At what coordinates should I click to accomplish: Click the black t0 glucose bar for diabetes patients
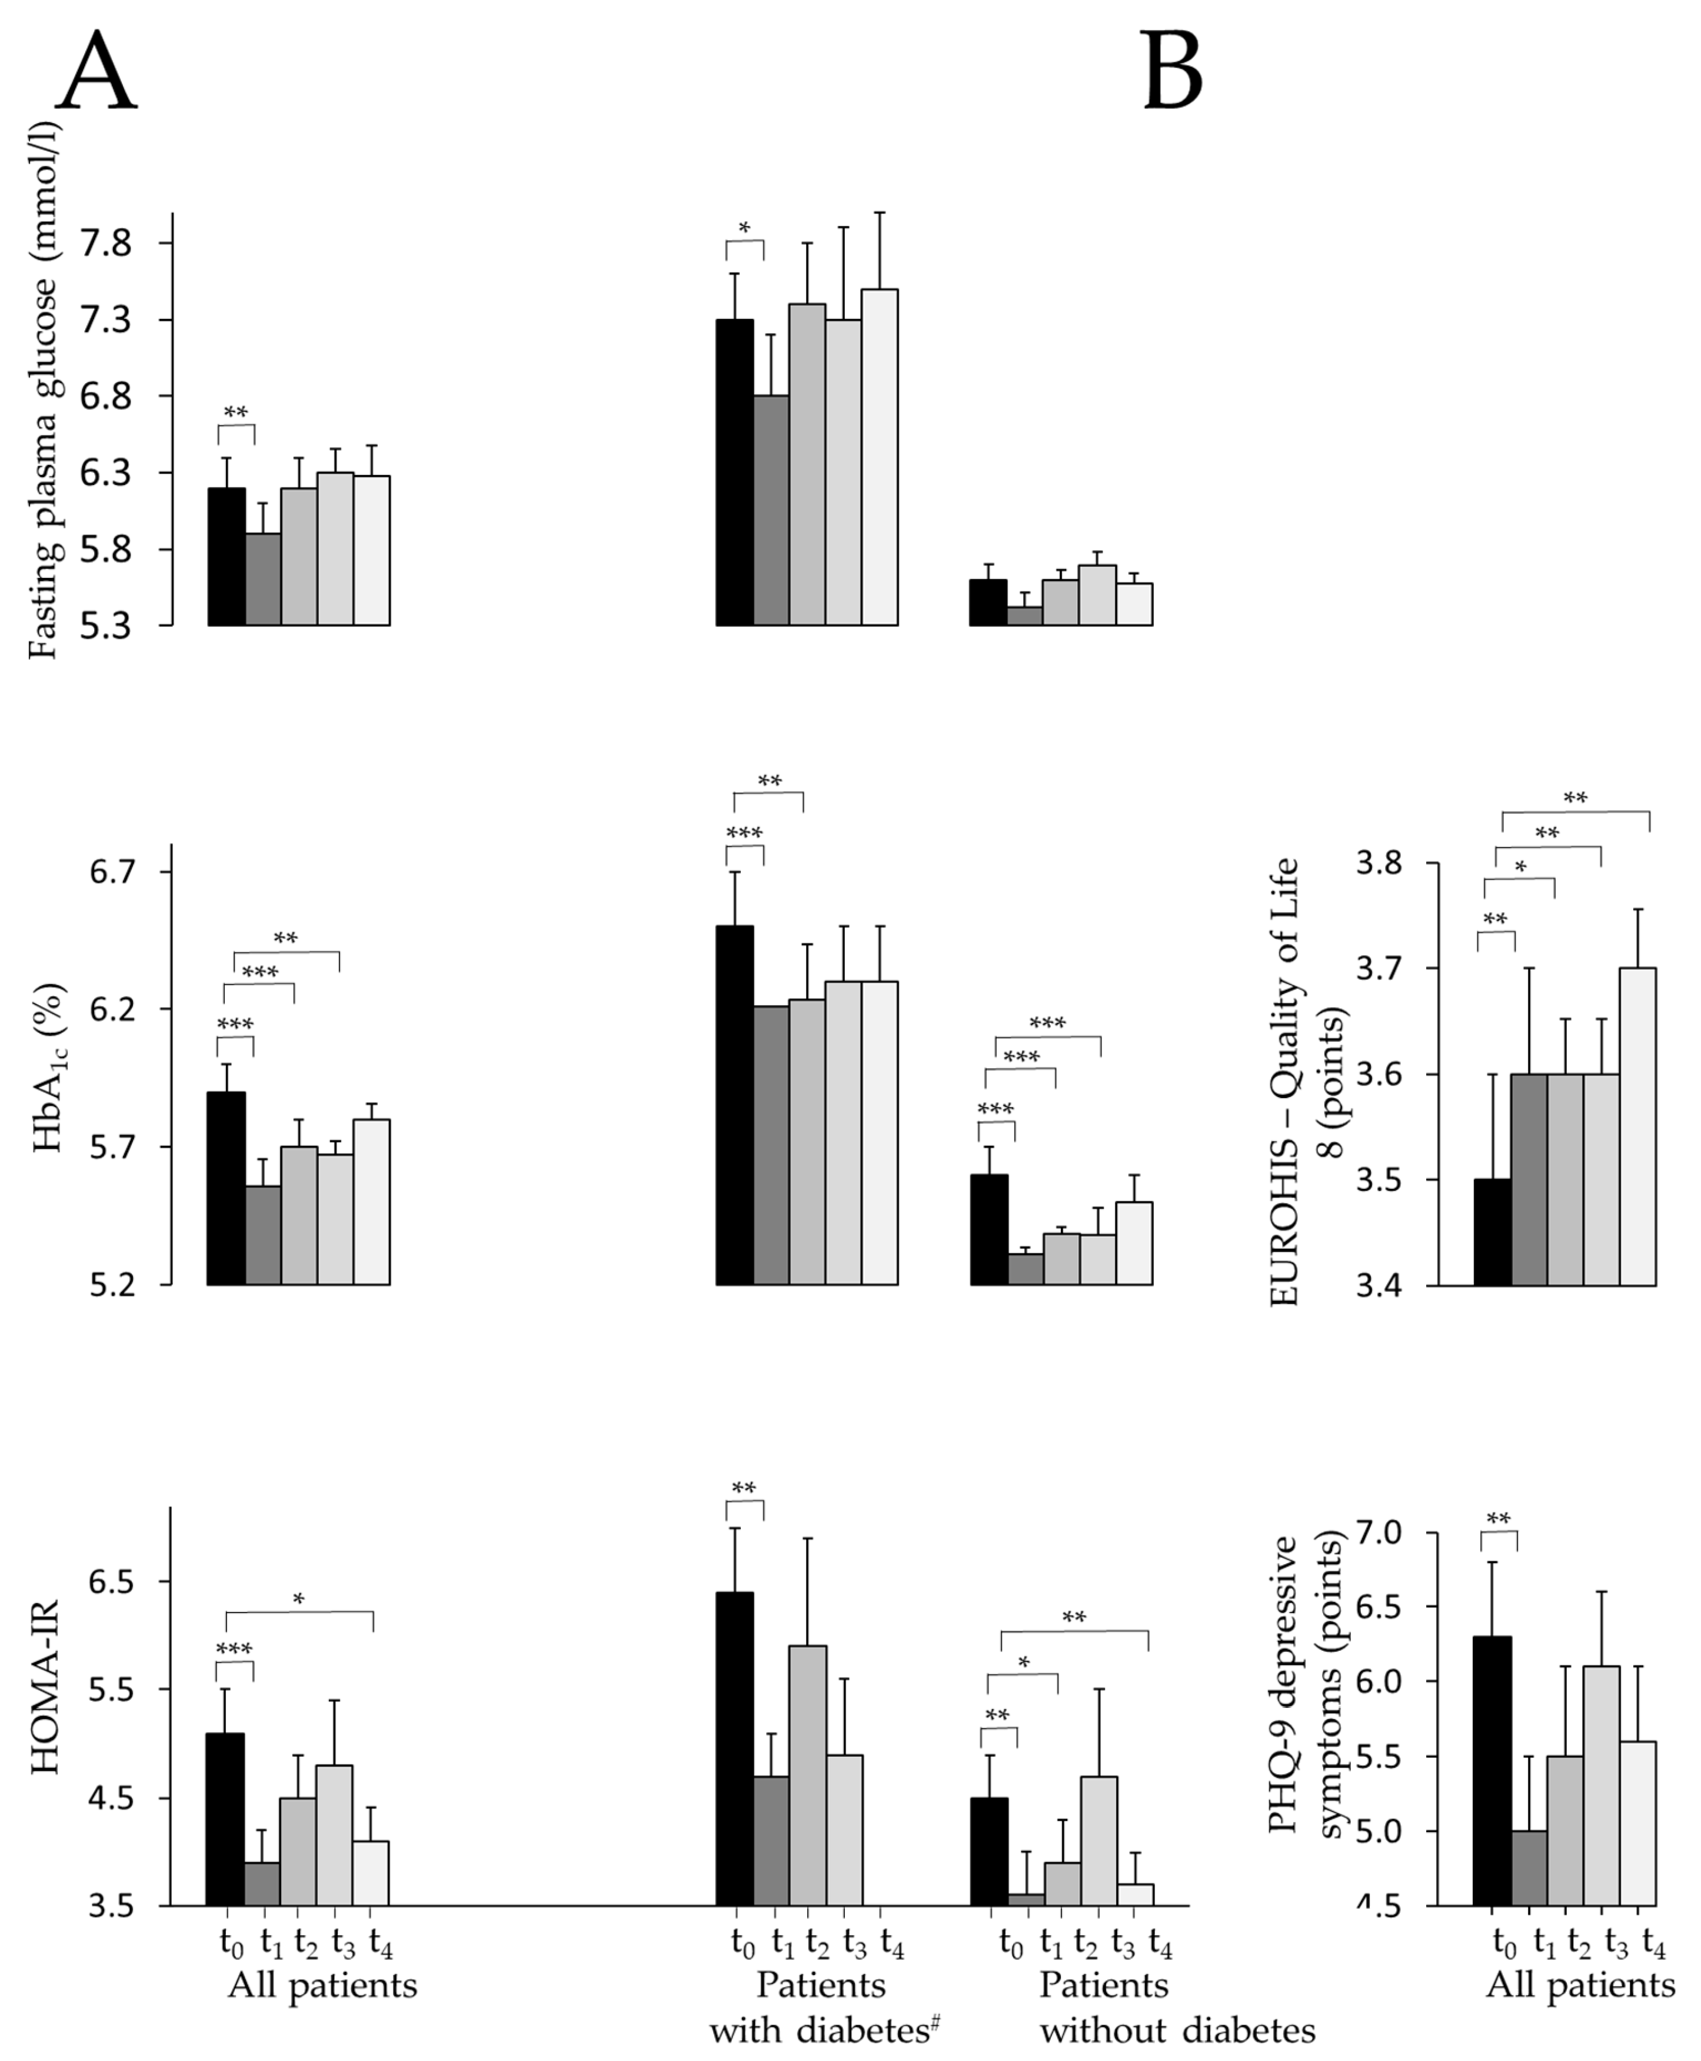coord(735,473)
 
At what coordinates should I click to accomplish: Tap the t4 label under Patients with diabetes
coord(891,1943)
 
